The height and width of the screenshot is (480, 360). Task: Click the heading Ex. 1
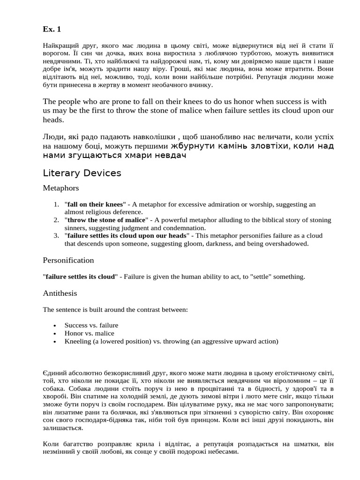point(52,30)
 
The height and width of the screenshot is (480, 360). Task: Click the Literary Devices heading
point(82,173)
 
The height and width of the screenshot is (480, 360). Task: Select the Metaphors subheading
point(61,188)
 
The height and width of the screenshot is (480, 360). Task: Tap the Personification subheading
point(68,260)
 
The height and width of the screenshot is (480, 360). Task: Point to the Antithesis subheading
point(60,293)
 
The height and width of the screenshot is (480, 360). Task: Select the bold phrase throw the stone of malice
point(106,220)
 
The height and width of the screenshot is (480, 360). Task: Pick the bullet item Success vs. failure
point(91,325)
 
